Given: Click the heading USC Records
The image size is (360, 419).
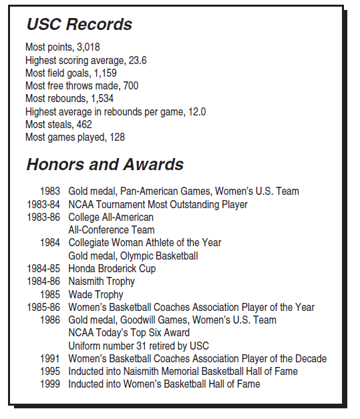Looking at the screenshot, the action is coord(79,25).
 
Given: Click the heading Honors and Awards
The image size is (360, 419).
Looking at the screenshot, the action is coord(104,165).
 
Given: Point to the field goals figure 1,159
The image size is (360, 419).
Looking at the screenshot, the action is coord(105,73).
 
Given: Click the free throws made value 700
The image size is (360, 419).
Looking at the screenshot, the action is coord(130,86).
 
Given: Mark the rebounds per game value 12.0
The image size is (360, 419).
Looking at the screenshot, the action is coord(196,111).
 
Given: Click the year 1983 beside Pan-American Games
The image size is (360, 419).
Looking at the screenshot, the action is coord(50,191).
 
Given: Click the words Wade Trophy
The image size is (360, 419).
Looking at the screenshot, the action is coord(96,294).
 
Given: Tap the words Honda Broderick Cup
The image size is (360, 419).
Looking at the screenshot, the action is coord(112,269).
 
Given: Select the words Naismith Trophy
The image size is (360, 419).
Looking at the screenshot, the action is coord(102,282).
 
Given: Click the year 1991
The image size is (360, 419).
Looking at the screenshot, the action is coord(50,358).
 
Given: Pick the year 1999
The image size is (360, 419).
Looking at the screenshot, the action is coord(50,384).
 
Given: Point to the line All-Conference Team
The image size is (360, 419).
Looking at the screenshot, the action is coord(111,230).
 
